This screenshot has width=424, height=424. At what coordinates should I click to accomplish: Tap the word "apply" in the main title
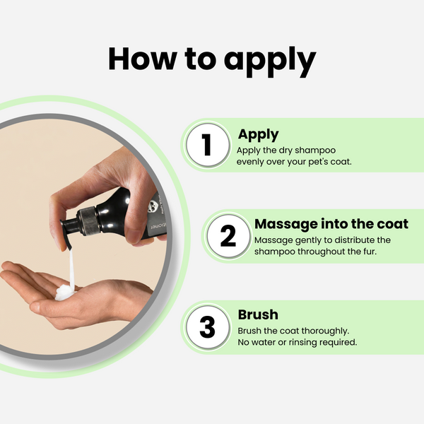(x=270, y=62)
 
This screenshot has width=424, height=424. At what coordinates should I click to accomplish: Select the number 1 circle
(x=207, y=145)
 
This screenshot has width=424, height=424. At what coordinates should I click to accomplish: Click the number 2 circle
(x=228, y=236)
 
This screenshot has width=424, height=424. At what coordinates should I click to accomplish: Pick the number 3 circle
(x=207, y=327)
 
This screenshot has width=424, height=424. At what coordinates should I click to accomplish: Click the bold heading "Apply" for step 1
(x=258, y=135)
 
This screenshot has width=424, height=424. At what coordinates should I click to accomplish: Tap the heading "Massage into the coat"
(x=331, y=224)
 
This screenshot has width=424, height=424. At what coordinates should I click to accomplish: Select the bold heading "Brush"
(x=258, y=314)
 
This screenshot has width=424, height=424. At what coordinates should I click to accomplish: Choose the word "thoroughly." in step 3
(x=325, y=331)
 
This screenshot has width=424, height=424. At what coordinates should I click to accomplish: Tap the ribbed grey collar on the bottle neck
(x=88, y=220)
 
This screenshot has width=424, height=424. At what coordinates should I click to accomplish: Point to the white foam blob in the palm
(x=64, y=293)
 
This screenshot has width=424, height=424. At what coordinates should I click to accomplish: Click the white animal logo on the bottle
(x=152, y=206)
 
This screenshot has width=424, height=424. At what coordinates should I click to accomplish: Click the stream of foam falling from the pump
(x=71, y=269)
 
